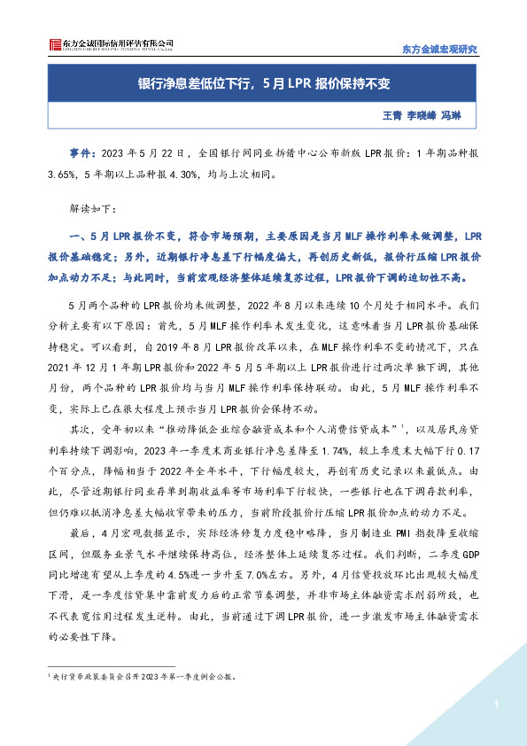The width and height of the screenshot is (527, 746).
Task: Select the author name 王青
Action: coord(392,115)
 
